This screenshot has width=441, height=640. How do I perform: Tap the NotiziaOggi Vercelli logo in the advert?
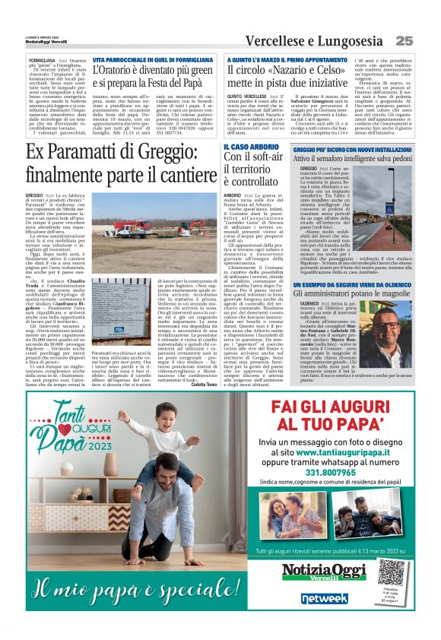tap(325, 572)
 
